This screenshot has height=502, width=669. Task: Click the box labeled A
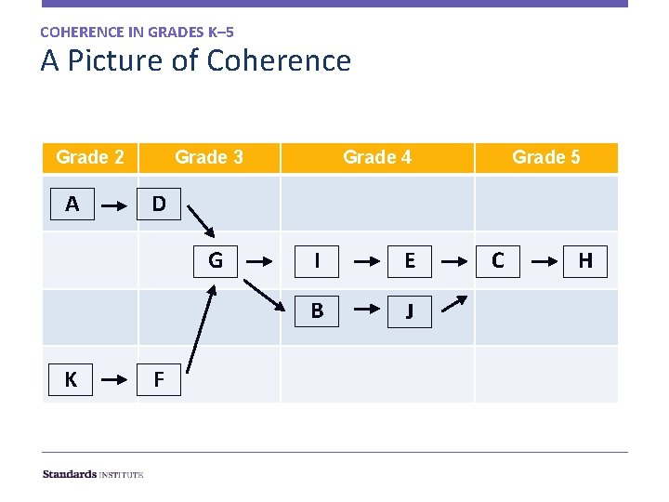pos(72,204)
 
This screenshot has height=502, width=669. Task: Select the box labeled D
pos(159,204)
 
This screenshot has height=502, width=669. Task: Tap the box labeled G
pos(216,260)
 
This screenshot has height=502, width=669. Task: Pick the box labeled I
pos(317,260)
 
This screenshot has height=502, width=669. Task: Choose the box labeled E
pos(409,260)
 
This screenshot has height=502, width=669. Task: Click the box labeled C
pos(498,260)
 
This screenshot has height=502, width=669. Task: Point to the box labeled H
pos(585,260)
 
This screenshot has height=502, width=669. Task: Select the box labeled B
pos(317,310)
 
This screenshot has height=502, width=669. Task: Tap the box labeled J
pos(409,310)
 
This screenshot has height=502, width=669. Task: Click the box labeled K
pos(72,379)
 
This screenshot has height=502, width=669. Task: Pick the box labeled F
pos(159,379)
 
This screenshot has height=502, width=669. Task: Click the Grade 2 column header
pos(90,157)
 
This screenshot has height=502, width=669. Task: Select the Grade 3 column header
pos(209,157)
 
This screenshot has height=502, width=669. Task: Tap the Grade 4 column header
pos(377,157)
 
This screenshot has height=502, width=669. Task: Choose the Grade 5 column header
pos(546,157)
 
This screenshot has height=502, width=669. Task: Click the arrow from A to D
pos(115,204)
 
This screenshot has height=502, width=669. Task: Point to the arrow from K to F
pos(115,379)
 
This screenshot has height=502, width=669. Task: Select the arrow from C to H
pos(542,260)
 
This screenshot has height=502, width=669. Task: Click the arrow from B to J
pos(362,310)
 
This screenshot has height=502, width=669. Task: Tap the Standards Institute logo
pos(93,474)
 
